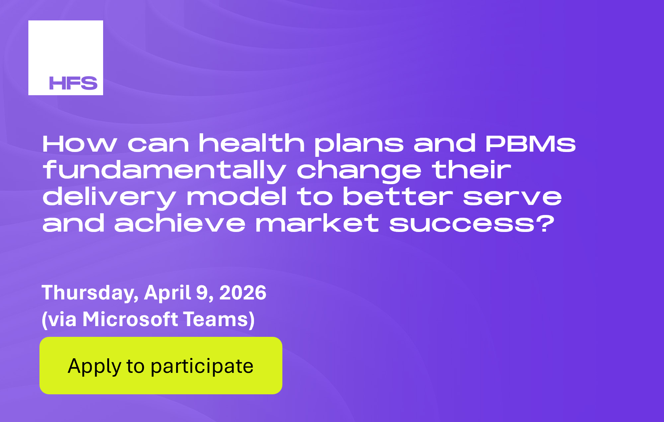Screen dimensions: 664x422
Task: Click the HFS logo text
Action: (73, 83)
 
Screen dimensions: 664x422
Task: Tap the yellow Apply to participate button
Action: (161, 366)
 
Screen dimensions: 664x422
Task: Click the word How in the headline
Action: (80, 143)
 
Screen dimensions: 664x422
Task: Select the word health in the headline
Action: (252, 143)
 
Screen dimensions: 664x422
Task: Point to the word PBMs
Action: (530, 143)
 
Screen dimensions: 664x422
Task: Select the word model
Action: (237, 197)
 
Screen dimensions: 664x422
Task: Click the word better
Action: (398, 197)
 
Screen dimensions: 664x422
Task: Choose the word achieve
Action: (180, 224)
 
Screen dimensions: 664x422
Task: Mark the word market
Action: (317, 224)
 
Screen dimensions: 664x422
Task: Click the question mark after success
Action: (546, 223)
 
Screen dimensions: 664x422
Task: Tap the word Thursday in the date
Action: (90, 293)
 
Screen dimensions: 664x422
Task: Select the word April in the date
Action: (167, 293)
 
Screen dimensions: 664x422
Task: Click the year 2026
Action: (243, 293)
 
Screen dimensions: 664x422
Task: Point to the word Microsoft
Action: (130, 319)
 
